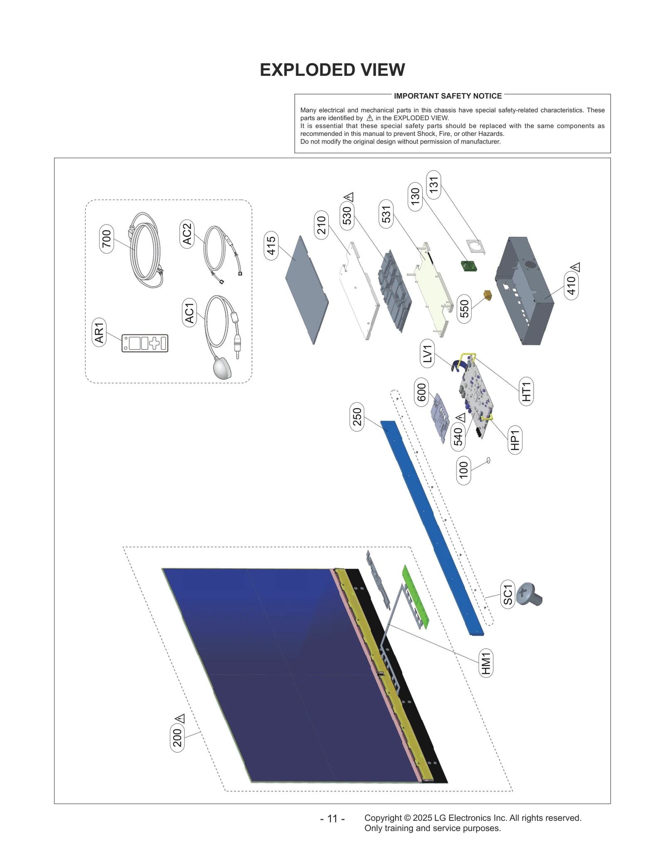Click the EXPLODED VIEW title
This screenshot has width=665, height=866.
pos(332,70)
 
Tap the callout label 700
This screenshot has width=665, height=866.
pos(106,239)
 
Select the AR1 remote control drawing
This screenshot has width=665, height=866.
pos(145,343)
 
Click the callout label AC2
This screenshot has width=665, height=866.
pos(187,234)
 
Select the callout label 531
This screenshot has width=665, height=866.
pos(386,214)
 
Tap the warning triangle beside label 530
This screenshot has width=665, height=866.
pos(349,197)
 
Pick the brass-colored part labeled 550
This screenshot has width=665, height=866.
pos(487,295)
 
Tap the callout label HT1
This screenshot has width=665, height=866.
pos(526,391)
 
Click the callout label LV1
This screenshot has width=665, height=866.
pos(428,353)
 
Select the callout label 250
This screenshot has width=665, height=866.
pos(357,417)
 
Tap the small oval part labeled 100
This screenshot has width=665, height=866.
pos(488,460)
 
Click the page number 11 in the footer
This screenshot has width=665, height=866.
pos(332,819)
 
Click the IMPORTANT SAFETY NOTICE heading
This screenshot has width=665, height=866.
pos(448,96)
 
